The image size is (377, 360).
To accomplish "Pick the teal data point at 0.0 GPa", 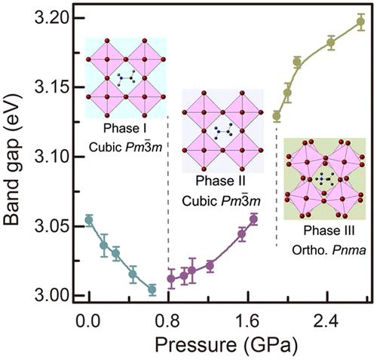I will (x=89, y=221).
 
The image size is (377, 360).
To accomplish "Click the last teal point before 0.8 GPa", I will (x=152, y=289).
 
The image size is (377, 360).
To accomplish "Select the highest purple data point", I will (x=253, y=219).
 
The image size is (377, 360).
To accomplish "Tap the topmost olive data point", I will (x=360, y=22).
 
